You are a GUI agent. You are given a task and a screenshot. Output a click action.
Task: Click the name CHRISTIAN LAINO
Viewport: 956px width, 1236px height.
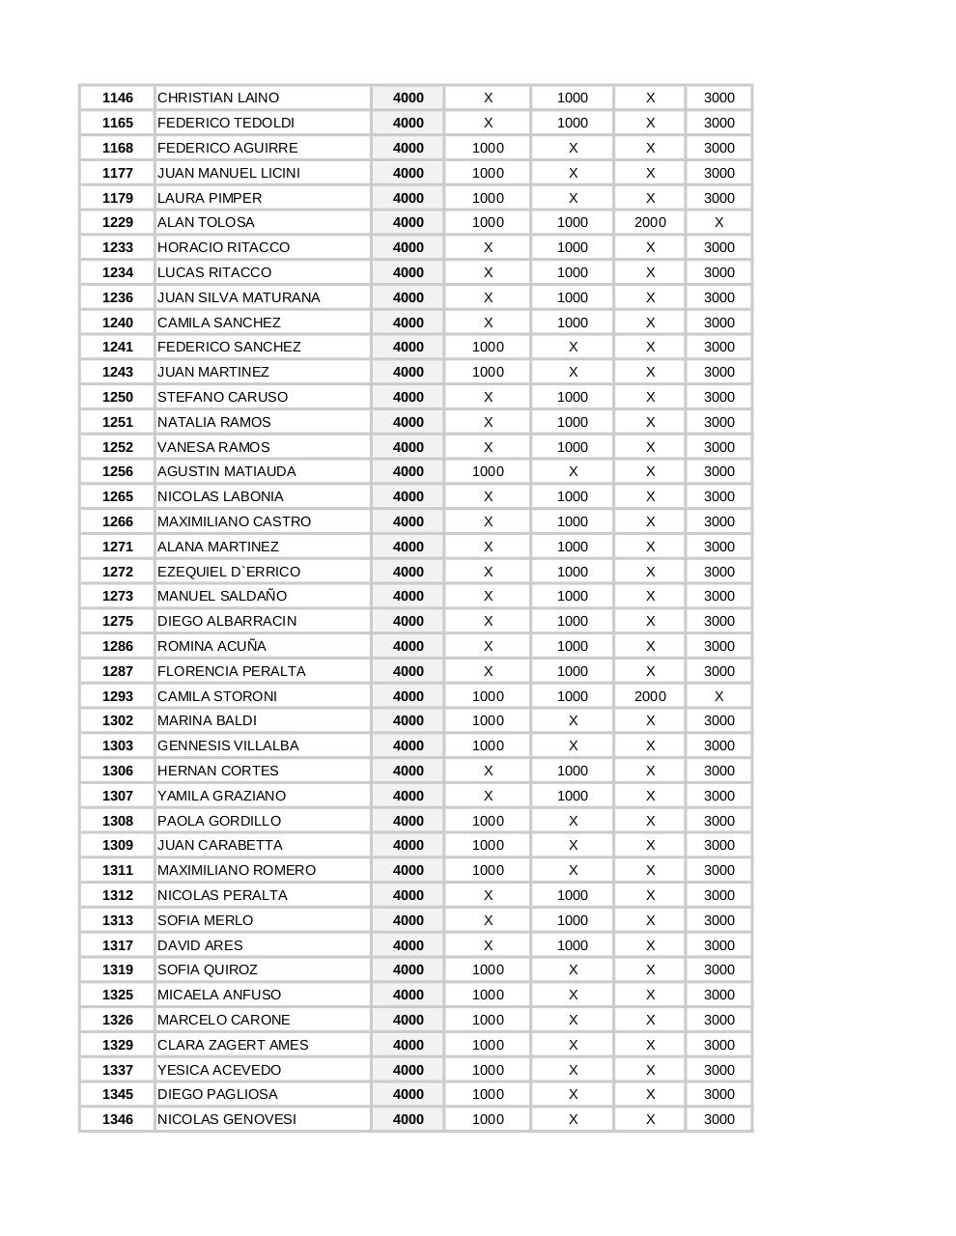[x=218, y=98]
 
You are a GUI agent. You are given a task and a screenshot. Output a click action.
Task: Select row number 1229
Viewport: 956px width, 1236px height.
[x=118, y=222]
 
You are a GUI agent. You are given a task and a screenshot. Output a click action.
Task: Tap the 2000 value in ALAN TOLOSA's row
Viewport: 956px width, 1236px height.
[x=650, y=222]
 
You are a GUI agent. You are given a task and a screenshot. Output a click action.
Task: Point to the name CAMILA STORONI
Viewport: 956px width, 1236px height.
[x=217, y=696]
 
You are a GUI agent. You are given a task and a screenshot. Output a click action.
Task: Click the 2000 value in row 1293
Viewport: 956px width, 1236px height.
[x=650, y=696]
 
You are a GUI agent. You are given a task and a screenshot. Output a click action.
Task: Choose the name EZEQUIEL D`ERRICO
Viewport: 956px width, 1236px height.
[x=229, y=572]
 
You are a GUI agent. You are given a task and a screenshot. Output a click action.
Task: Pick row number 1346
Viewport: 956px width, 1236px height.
[x=118, y=1119]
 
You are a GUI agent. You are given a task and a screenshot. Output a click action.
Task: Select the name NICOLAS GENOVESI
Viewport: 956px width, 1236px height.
[x=227, y=1119]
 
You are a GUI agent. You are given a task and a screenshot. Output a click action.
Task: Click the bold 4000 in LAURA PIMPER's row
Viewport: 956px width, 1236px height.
[x=408, y=198]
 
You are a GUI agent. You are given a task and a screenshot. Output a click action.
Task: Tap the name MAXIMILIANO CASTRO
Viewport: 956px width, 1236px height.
[x=235, y=521]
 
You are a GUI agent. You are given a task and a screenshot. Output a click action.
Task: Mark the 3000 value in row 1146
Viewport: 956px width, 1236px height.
[x=719, y=98]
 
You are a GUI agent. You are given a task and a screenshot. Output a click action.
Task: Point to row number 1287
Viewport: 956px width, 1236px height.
[x=118, y=671]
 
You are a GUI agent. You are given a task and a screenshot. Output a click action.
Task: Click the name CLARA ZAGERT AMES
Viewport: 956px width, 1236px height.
[x=233, y=1045]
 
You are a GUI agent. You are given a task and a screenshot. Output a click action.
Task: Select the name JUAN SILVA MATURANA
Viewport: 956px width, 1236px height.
[x=239, y=297]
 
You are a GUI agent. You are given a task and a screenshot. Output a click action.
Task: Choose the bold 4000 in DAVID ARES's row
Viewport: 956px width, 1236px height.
[x=408, y=945]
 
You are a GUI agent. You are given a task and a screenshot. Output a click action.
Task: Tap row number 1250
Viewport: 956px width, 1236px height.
[x=118, y=397]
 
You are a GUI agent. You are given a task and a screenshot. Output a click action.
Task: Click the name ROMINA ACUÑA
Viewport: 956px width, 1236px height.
[x=211, y=646]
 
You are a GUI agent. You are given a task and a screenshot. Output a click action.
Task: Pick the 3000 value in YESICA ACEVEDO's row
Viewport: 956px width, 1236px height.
[x=719, y=1070]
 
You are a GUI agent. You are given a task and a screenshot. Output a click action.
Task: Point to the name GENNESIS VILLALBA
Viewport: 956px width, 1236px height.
[x=228, y=745]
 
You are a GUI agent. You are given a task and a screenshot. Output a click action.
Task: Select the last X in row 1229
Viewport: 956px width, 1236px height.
[x=719, y=222]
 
